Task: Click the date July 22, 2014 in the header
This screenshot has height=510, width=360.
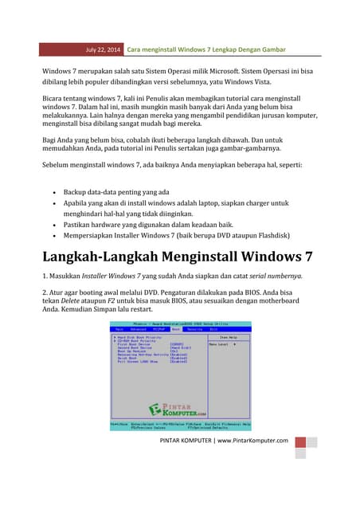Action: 104,50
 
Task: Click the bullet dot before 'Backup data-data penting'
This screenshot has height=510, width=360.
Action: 53,193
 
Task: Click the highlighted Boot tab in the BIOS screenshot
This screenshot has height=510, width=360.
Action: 175,328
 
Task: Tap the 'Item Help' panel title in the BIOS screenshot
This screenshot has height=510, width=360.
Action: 230,337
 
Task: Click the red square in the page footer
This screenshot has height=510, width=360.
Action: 300,442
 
